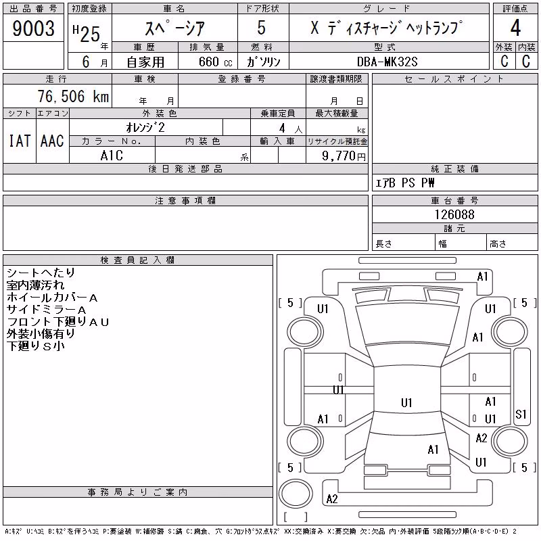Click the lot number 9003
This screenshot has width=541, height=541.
click(x=33, y=28)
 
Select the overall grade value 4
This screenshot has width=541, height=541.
click(x=515, y=28)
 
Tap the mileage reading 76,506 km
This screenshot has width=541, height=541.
click(x=73, y=96)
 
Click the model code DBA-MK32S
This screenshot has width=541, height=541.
click(x=387, y=62)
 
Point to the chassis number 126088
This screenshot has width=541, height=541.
click(x=454, y=214)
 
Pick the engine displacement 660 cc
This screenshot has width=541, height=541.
click(x=215, y=62)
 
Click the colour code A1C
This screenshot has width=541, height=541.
click(x=112, y=156)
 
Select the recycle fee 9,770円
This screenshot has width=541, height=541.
click(x=344, y=156)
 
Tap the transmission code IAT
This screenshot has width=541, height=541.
click(x=20, y=141)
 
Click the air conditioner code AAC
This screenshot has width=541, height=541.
click(x=52, y=141)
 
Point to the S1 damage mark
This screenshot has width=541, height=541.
click(x=521, y=415)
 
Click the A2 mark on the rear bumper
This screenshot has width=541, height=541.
click(x=332, y=499)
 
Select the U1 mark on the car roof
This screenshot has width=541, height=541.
click(x=406, y=402)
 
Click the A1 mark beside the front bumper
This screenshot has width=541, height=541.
click(x=482, y=277)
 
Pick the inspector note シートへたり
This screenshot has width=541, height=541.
click(x=41, y=273)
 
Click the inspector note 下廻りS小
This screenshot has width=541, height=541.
click(x=36, y=346)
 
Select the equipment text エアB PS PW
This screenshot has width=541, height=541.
click(x=404, y=183)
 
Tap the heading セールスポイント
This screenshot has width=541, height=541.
click(x=454, y=79)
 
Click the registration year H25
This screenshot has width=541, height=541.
click(x=87, y=33)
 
